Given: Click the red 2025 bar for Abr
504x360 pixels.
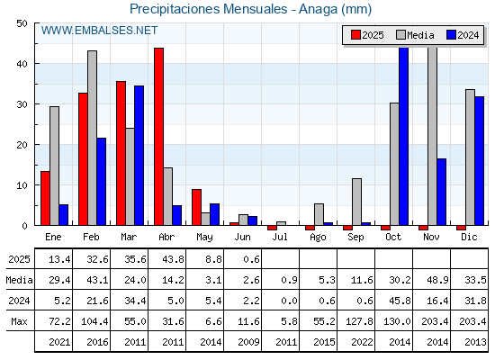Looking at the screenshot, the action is pyautogui.click(x=158, y=137).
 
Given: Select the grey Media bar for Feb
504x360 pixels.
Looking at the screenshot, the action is pyautogui.click(x=92, y=138).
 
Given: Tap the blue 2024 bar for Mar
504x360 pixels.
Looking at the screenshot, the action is pyautogui.click(x=139, y=156).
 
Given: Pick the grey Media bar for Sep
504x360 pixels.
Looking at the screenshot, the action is pyautogui.click(x=356, y=202).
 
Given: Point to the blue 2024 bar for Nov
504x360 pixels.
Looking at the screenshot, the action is pyautogui.click(x=442, y=192).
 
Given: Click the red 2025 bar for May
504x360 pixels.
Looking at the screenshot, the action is pyautogui.click(x=197, y=207).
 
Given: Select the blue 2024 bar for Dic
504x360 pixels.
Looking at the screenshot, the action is pyautogui.click(x=479, y=161).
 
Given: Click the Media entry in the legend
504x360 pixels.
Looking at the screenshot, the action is pyautogui.click(x=415, y=35).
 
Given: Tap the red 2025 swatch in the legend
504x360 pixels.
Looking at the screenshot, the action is pyautogui.click(x=355, y=35).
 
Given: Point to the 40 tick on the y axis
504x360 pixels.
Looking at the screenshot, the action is pyautogui.click(x=22, y=64).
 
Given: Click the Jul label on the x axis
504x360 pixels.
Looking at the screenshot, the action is pyautogui.click(x=280, y=237).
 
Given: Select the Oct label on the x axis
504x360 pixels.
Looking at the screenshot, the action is pyautogui.click(x=393, y=237).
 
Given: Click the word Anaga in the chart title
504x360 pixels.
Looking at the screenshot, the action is pyautogui.click(x=319, y=9).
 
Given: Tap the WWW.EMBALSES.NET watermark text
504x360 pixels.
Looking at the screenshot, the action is pyautogui.click(x=99, y=31).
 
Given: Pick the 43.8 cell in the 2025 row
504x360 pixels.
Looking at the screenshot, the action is pyautogui.click(x=173, y=259).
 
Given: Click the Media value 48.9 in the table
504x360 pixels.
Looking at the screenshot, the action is pyautogui.click(x=437, y=280).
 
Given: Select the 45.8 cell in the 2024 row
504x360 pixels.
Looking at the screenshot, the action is pyautogui.click(x=400, y=301).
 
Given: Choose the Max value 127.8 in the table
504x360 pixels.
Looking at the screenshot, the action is pyautogui.click(x=359, y=321).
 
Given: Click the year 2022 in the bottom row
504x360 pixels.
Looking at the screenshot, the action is pyautogui.click(x=362, y=342).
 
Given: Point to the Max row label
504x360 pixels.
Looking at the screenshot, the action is pyautogui.click(x=19, y=321).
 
